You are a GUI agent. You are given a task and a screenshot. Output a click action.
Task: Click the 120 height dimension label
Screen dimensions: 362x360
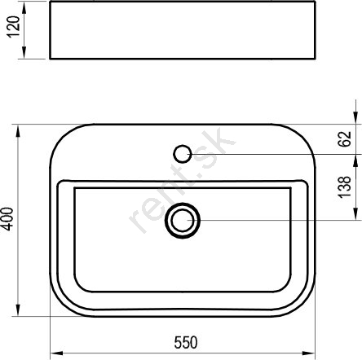pyautogui.click(x=14, y=27)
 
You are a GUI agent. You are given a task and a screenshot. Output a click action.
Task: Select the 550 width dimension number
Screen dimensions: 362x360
pyautogui.click(x=186, y=342)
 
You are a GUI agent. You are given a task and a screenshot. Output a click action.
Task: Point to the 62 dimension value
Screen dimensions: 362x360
pyautogui.click(x=345, y=139)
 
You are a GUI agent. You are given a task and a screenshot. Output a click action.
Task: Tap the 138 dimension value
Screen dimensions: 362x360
pyautogui.click(x=345, y=187)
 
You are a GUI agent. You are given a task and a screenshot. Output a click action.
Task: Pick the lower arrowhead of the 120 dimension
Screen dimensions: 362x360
pyautogui.click(x=24, y=52)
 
